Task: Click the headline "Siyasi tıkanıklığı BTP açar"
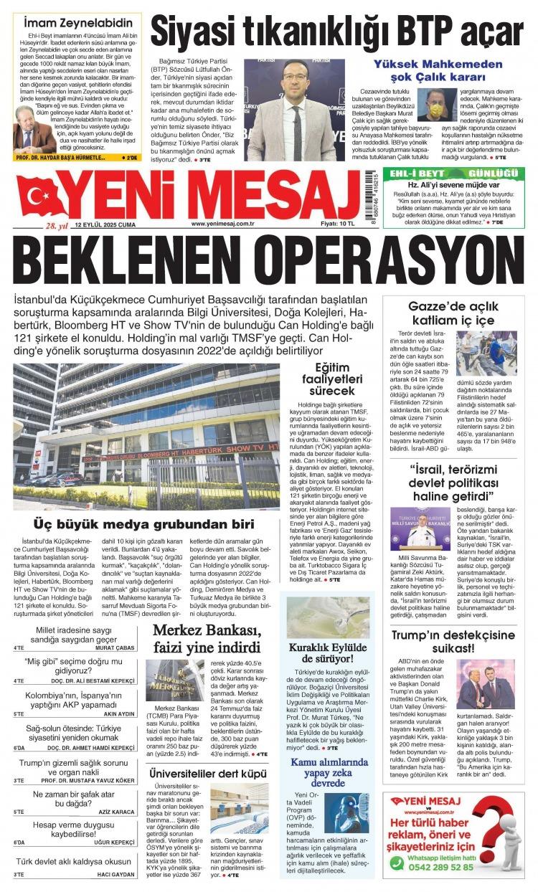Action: [337, 32]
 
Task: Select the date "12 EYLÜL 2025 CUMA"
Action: [98, 224]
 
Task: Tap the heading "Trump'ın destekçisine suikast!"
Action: [457, 642]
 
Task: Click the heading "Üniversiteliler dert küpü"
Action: [202, 773]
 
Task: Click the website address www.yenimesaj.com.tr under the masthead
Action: [224, 224]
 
